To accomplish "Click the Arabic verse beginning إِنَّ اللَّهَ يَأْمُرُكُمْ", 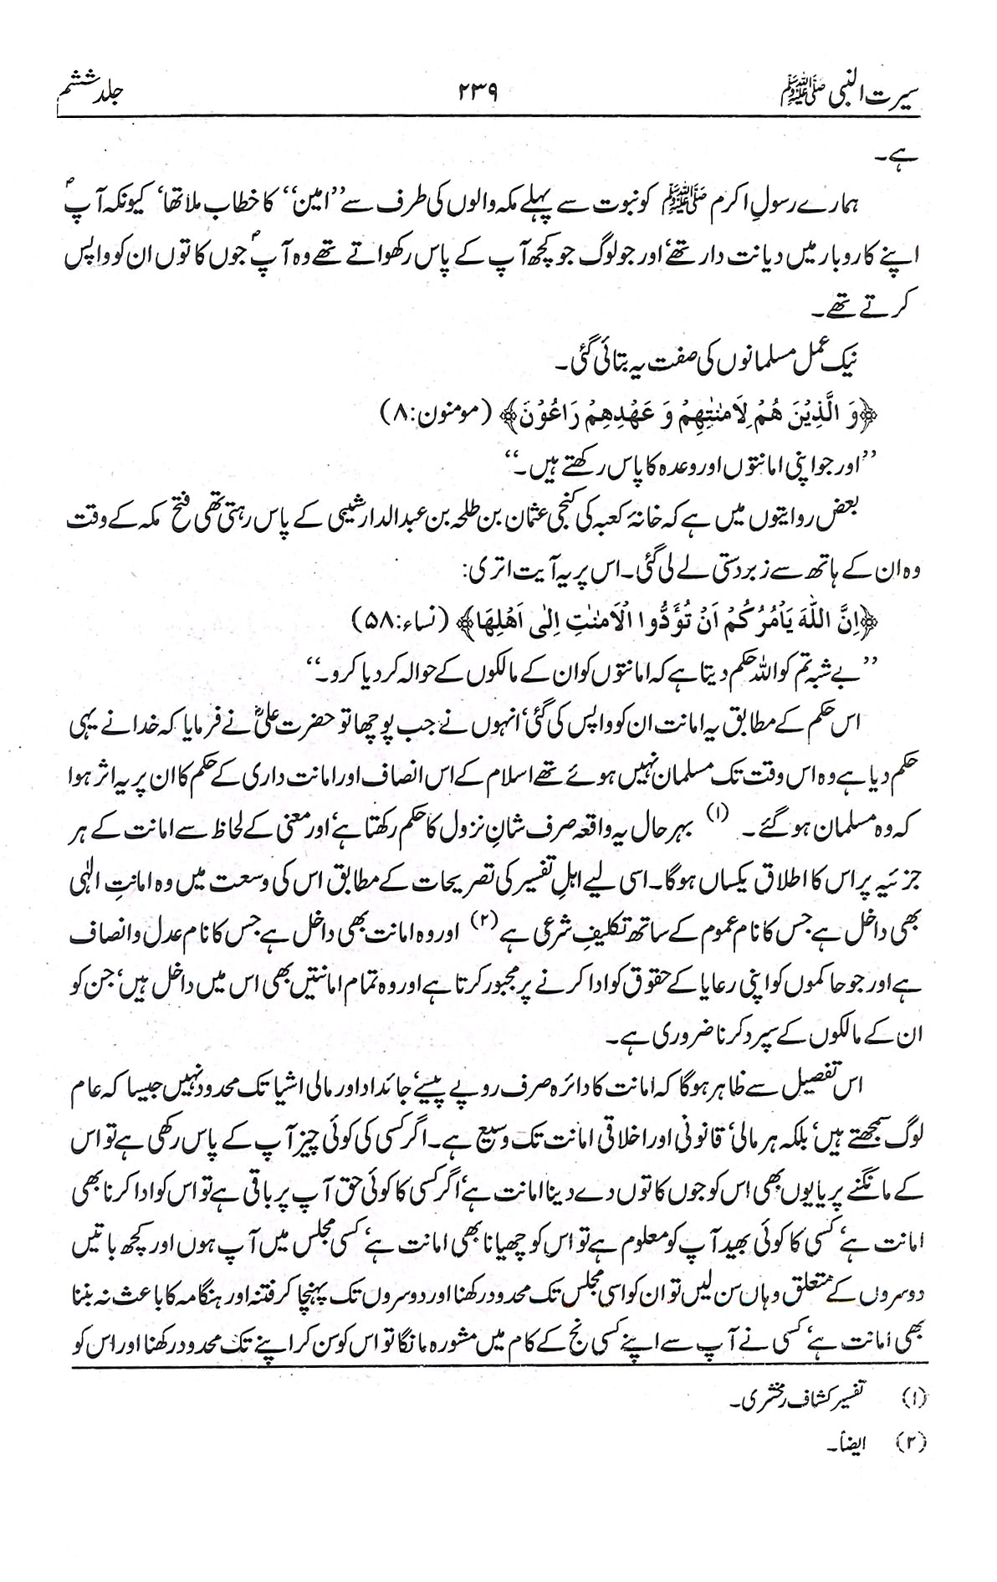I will coord(644,621).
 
